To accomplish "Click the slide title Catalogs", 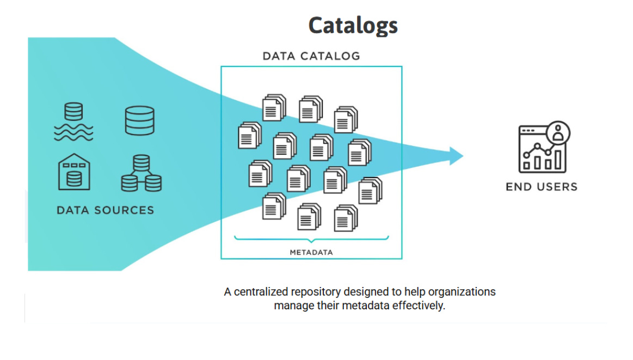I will point(353,25).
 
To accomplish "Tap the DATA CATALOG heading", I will point(311,56).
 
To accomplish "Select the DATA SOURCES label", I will point(105,210).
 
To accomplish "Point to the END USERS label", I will point(541,187).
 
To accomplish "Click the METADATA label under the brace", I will point(311,253).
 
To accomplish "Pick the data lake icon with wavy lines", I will point(73,123).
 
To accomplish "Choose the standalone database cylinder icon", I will point(140,121).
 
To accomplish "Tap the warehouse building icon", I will point(74,172).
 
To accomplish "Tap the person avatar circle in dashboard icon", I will point(558,132).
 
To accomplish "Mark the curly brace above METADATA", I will point(311,239).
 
